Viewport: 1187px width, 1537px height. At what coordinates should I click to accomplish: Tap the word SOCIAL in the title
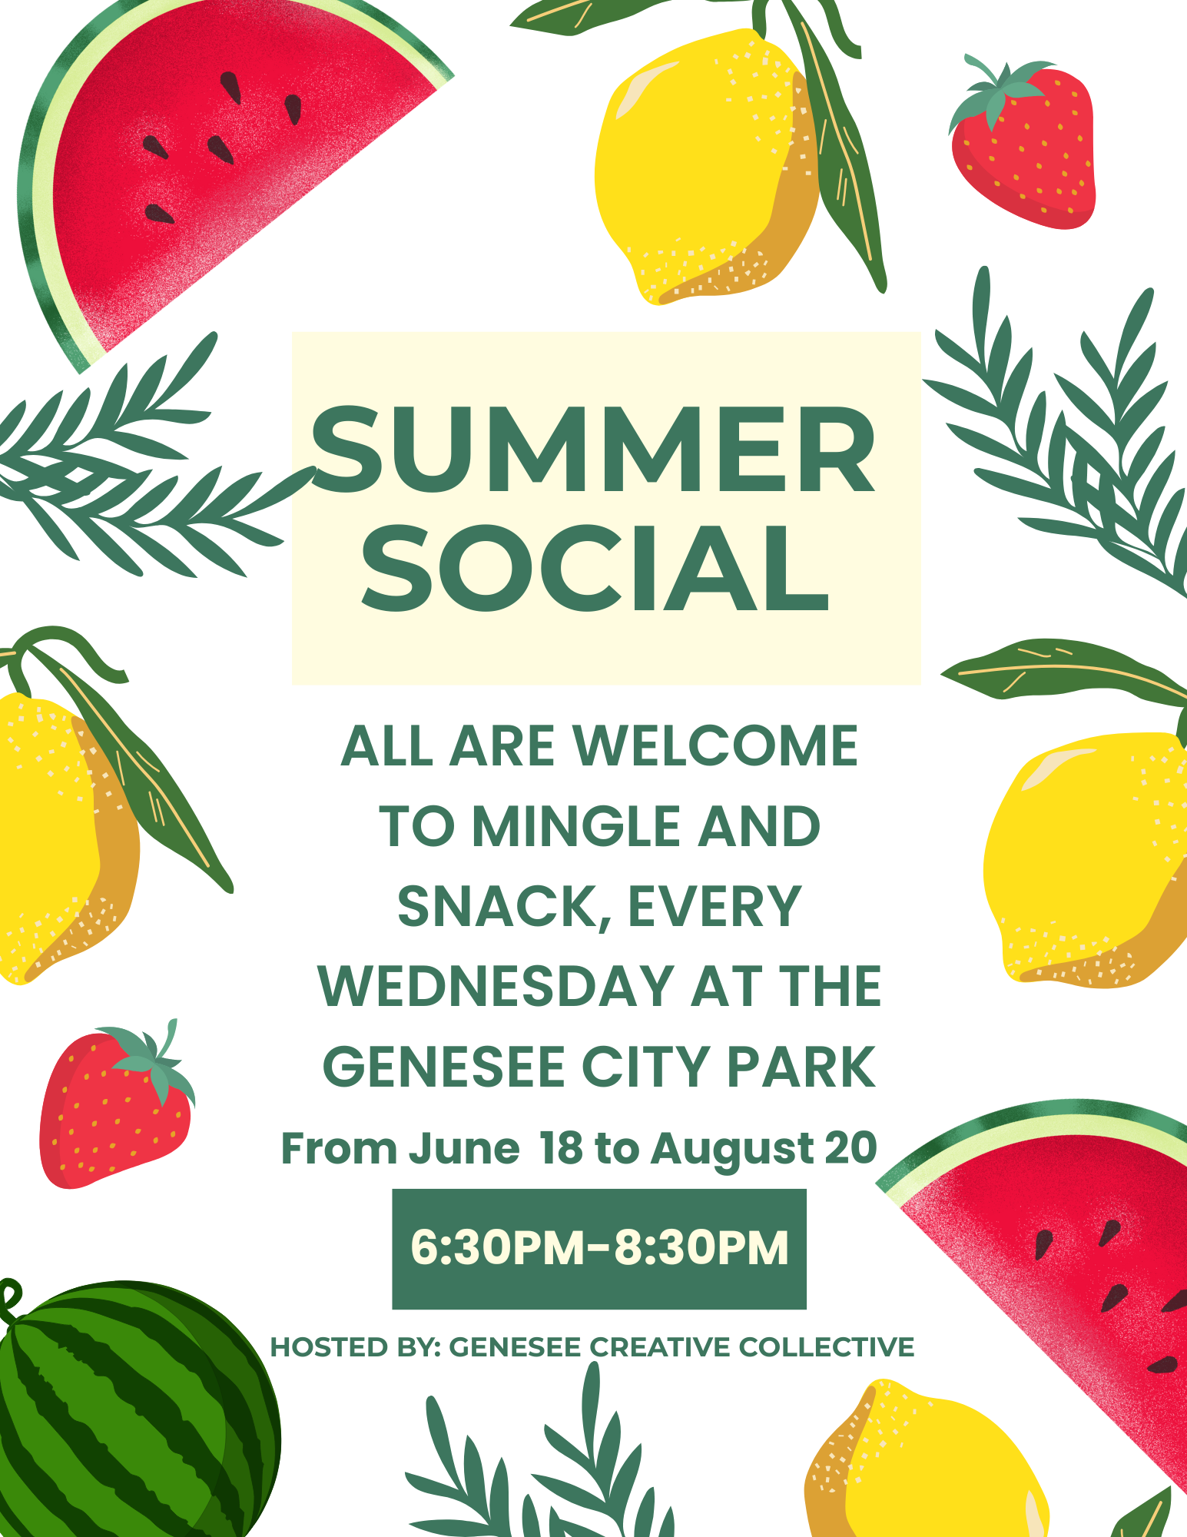click(595, 569)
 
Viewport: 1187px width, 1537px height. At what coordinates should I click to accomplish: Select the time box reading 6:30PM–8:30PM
click(599, 1248)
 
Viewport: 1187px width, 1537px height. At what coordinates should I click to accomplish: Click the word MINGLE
click(576, 827)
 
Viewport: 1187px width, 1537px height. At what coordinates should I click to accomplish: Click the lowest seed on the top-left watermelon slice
click(159, 214)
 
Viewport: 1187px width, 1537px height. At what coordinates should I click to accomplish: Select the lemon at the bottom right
click(930, 1468)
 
